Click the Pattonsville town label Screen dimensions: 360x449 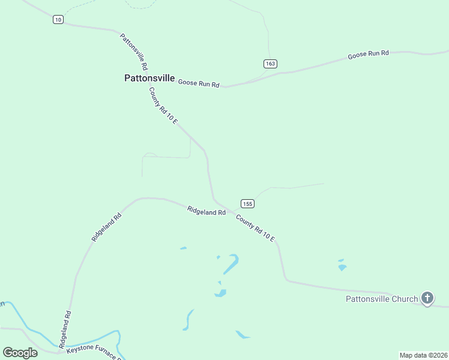[x=149, y=78]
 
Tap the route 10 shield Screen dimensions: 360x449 [x=58, y=19]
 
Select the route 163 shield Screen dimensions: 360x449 [x=270, y=64]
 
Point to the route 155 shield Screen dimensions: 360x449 [x=248, y=203]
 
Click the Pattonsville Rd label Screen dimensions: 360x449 [x=134, y=50]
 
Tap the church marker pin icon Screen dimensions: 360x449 [x=427, y=298]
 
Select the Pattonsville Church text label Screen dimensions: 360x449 [x=381, y=299]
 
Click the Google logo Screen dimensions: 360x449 [x=20, y=352]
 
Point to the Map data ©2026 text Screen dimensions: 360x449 [x=423, y=355]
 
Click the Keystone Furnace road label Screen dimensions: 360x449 [x=94, y=352]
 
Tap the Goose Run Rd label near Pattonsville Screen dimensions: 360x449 [x=199, y=84]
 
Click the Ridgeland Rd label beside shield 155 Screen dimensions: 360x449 [x=206, y=211]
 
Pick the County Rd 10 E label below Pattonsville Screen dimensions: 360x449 [x=164, y=106]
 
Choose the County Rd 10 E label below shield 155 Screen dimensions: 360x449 [x=255, y=229]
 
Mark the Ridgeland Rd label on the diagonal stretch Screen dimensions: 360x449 [x=107, y=226]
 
